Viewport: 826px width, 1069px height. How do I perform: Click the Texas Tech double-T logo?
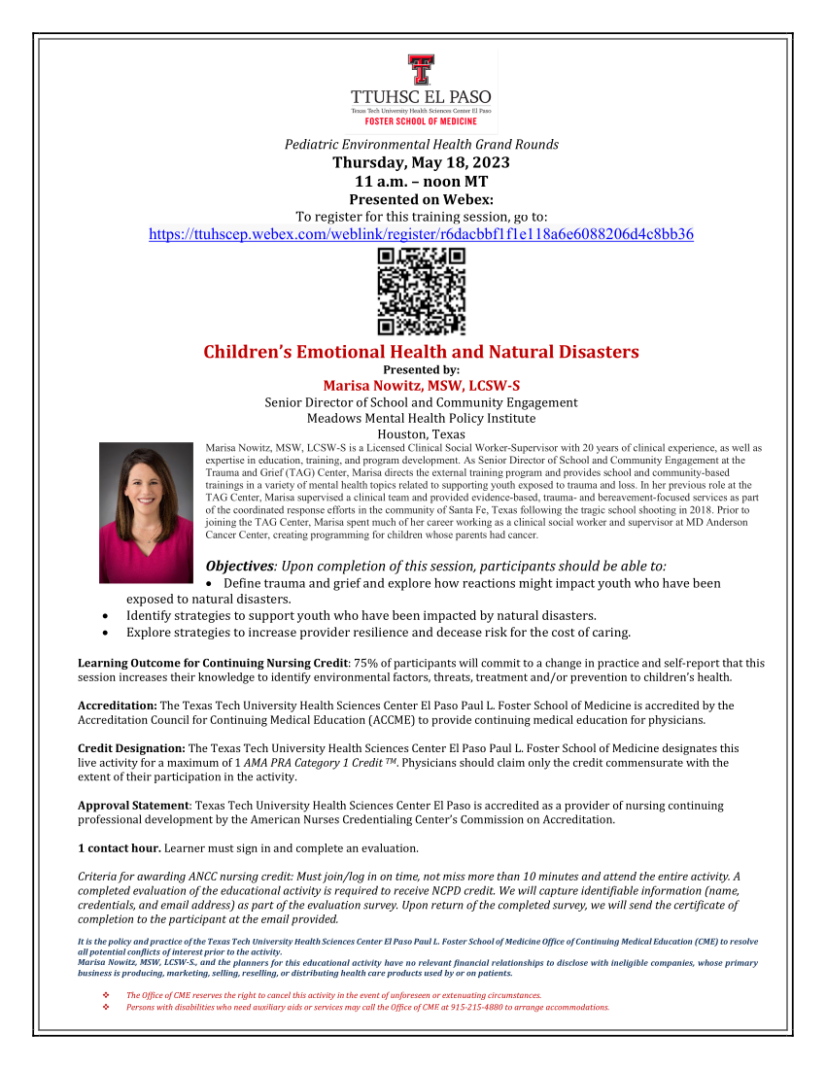click(x=421, y=70)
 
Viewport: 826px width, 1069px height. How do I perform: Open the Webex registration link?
click(x=421, y=234)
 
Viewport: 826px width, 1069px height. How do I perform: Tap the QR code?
click(x=421, y=292)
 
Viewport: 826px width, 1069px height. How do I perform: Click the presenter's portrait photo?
click(x=146, y=512)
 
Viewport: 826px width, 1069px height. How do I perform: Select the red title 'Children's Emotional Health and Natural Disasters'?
click(x=421, y=352)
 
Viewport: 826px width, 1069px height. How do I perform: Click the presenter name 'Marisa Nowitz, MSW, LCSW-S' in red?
click(x=421, y=385)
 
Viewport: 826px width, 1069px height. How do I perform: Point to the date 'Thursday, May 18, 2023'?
click(x=421, y=162)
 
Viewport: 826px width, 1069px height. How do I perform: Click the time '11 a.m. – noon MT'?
click(x=421, y=181)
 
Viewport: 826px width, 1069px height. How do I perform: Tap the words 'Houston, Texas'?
click(x=421, y=434)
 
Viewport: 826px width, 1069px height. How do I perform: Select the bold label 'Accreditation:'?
click(x=117, y=706)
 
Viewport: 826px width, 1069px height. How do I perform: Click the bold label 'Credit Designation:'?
click(x=131, y=748)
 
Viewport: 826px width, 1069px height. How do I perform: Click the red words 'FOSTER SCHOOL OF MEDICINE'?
click(x=421, y=121)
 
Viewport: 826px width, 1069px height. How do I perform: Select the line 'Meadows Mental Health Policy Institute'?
click(x=421, y=418)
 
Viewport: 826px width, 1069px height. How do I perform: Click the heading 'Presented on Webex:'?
click(x=421, y=199)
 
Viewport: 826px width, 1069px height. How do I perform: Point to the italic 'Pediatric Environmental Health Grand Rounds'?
click(x=421, y=145)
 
